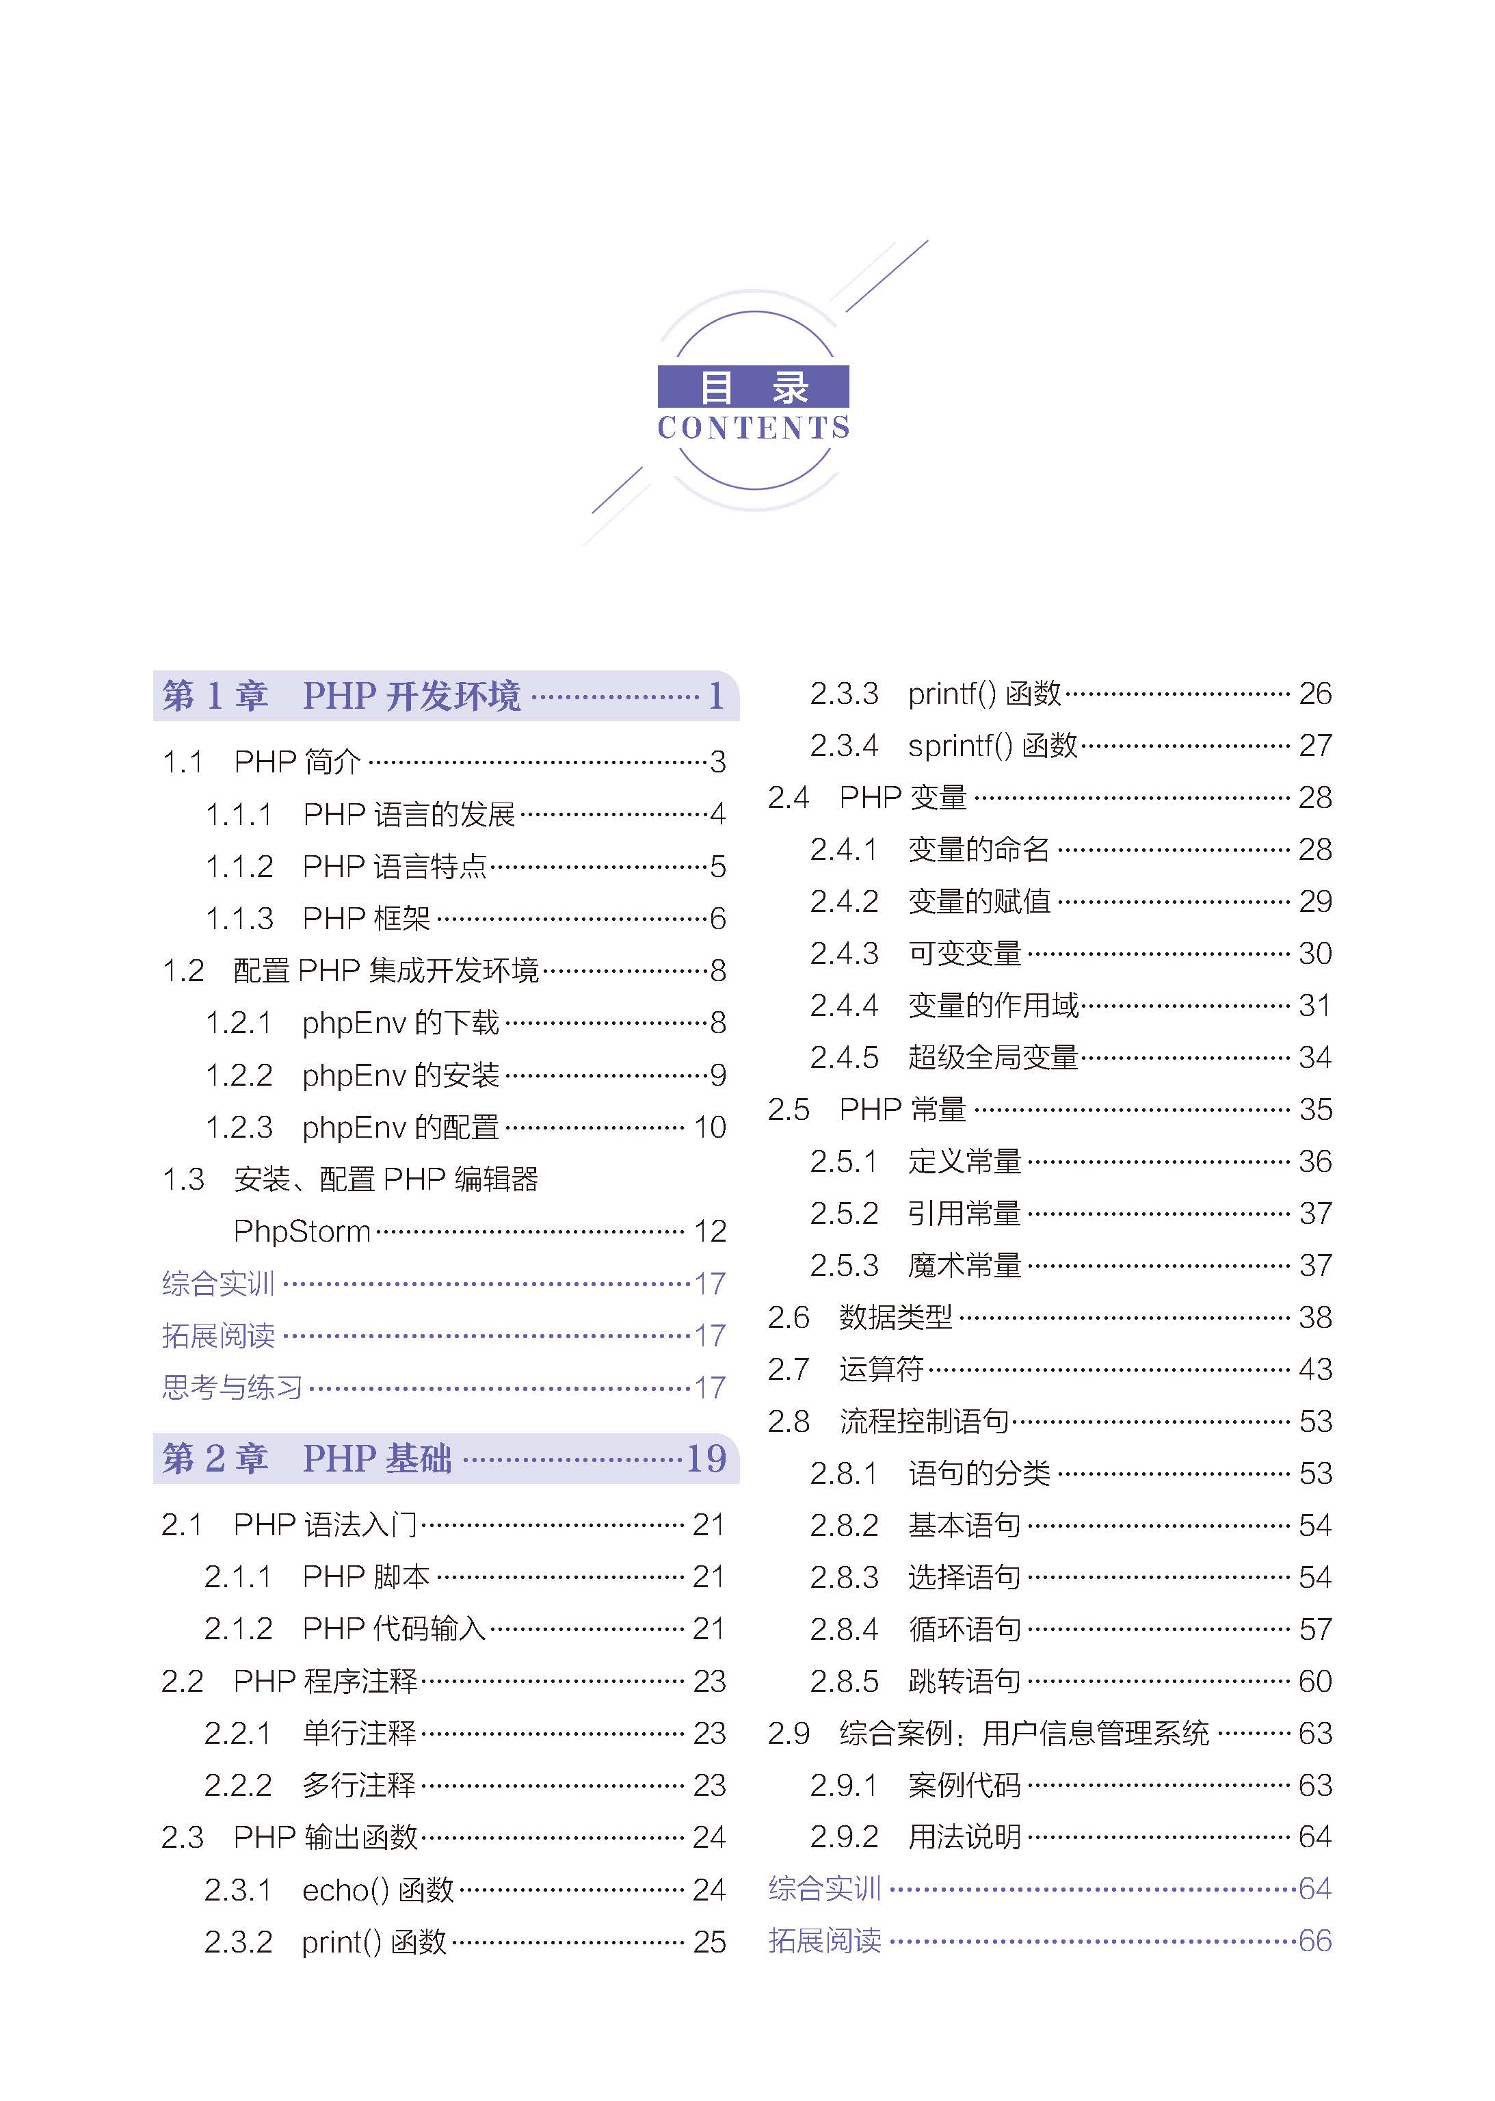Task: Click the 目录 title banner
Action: (753, 387)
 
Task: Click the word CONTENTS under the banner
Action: (753, 428)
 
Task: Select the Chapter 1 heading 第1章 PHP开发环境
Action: (341, 696)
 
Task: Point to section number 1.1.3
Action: (239, 918)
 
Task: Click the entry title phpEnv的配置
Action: (401, 1127)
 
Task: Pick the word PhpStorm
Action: (302, 1231)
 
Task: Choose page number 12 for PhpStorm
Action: (710, 1231)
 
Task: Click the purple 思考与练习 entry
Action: (232, 1387)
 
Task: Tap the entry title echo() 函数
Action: (378, 1889)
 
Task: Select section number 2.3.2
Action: (239, 1942)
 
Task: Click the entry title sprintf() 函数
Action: (992, 745)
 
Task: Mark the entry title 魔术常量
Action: (965, 1265)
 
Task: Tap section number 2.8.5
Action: (844, 1681)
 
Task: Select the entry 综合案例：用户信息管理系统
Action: (1024, 1734)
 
